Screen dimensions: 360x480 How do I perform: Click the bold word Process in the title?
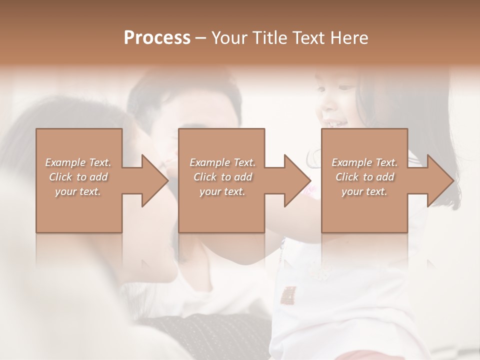click(x=157, y=38)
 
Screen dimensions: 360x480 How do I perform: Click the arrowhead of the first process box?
click(x=152, y=180)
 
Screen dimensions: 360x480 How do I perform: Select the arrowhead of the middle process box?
click(x=295, y=180)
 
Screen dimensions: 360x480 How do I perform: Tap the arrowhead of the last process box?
click(x=438, y=180)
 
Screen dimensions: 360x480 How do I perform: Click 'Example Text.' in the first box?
click(x=78, y=162)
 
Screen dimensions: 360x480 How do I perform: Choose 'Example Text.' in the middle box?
click(x=222, y=162)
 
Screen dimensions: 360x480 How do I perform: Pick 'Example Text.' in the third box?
click(x=364, y=162)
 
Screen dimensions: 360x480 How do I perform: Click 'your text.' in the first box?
click(x=78, y=191)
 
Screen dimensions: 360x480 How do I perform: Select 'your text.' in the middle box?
click(x=222, y=191)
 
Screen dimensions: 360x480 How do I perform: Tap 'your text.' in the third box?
click(x=364, y=191)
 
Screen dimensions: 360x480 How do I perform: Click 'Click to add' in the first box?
click(x=78, y=177)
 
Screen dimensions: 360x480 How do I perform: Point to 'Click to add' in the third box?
click(x=365, y=177)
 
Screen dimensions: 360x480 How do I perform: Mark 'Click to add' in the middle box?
click(x=222, y=177)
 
